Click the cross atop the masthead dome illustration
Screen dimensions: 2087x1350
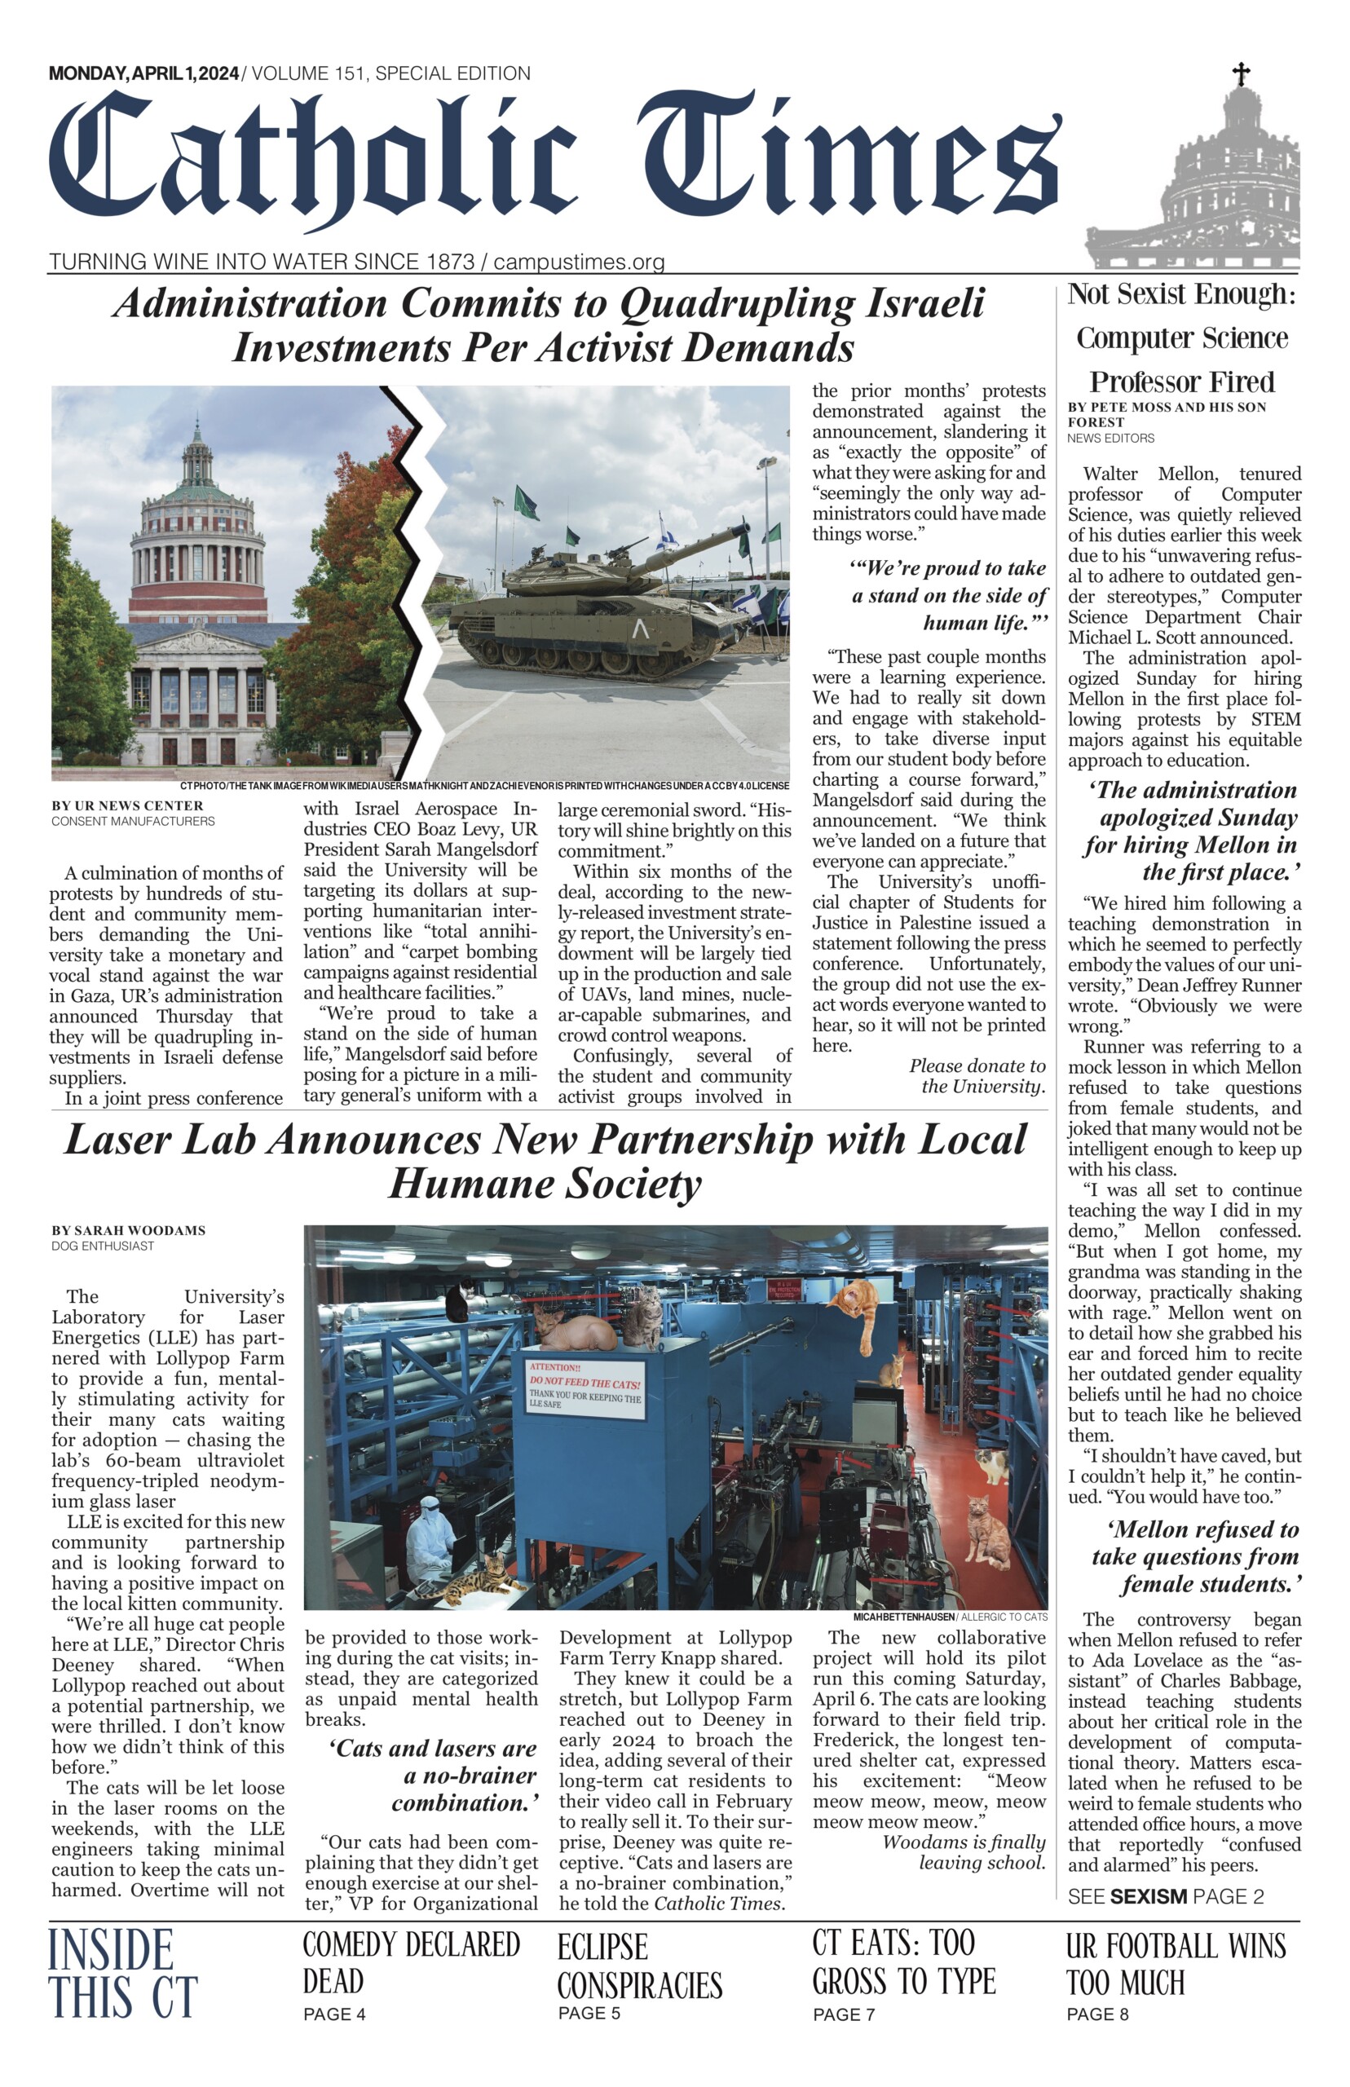pyautogui.click(x=1241, y=73)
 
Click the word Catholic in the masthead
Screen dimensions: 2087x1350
pyautogui.click(x=314, y=161)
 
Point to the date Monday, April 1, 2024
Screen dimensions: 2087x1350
pyautogui.click(x=143, y=73)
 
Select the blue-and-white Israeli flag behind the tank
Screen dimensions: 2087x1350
pyautogui.click(x=667, y=533)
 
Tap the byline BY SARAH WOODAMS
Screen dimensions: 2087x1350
pyautogui.click(x=128, y=1231)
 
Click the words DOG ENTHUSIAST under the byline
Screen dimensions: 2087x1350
pyautogui.click(x=103, y=1246)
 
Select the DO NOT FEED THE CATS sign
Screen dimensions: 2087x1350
pyautogui.click(x=585, y=1384)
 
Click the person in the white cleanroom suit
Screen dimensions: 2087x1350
pyautogui.click(x=433, y=1539)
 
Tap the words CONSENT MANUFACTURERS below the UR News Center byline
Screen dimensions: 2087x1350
pyautogui.click(x=132, y=821)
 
